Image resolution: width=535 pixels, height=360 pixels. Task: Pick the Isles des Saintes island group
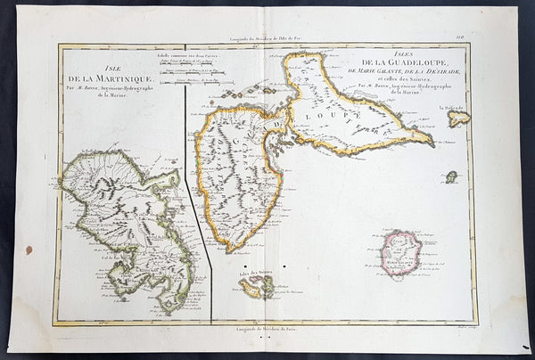(255, 286)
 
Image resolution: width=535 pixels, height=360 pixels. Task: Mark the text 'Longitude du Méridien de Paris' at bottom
(267, 331)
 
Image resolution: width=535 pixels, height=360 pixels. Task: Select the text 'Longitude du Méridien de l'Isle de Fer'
(267, 37)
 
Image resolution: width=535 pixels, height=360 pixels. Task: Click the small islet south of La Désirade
(452, 176)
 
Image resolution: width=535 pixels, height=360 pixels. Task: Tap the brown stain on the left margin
(29, 250)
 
